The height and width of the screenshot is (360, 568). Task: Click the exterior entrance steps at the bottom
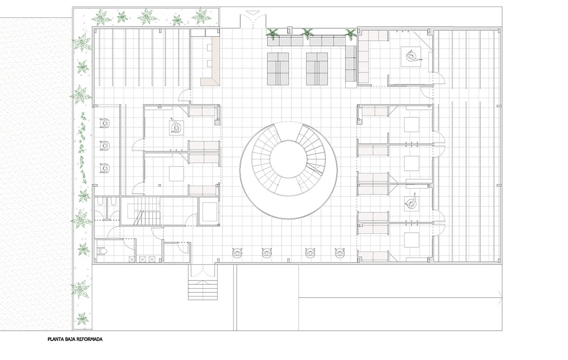coord(203,290)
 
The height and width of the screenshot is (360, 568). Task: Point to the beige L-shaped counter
coord(211,61)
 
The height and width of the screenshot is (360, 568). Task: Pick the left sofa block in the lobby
coord(278,69)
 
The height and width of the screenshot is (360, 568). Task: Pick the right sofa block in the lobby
coord(317,69)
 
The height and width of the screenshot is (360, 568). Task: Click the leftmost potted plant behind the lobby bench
coord(272,34)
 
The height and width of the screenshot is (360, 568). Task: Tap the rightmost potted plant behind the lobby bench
coord(351,34)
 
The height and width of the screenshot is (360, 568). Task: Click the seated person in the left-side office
coord(176,126)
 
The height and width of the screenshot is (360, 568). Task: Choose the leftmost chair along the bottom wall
coord(237,252)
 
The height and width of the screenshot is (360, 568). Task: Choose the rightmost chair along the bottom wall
coord(340,253)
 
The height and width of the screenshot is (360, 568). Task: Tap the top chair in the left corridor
coord(106,123)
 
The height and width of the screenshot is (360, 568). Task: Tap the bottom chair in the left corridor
coord(106,168)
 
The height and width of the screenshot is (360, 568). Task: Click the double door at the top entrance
coord(253,21)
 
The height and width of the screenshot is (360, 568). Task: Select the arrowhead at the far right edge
coord(500,298)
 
